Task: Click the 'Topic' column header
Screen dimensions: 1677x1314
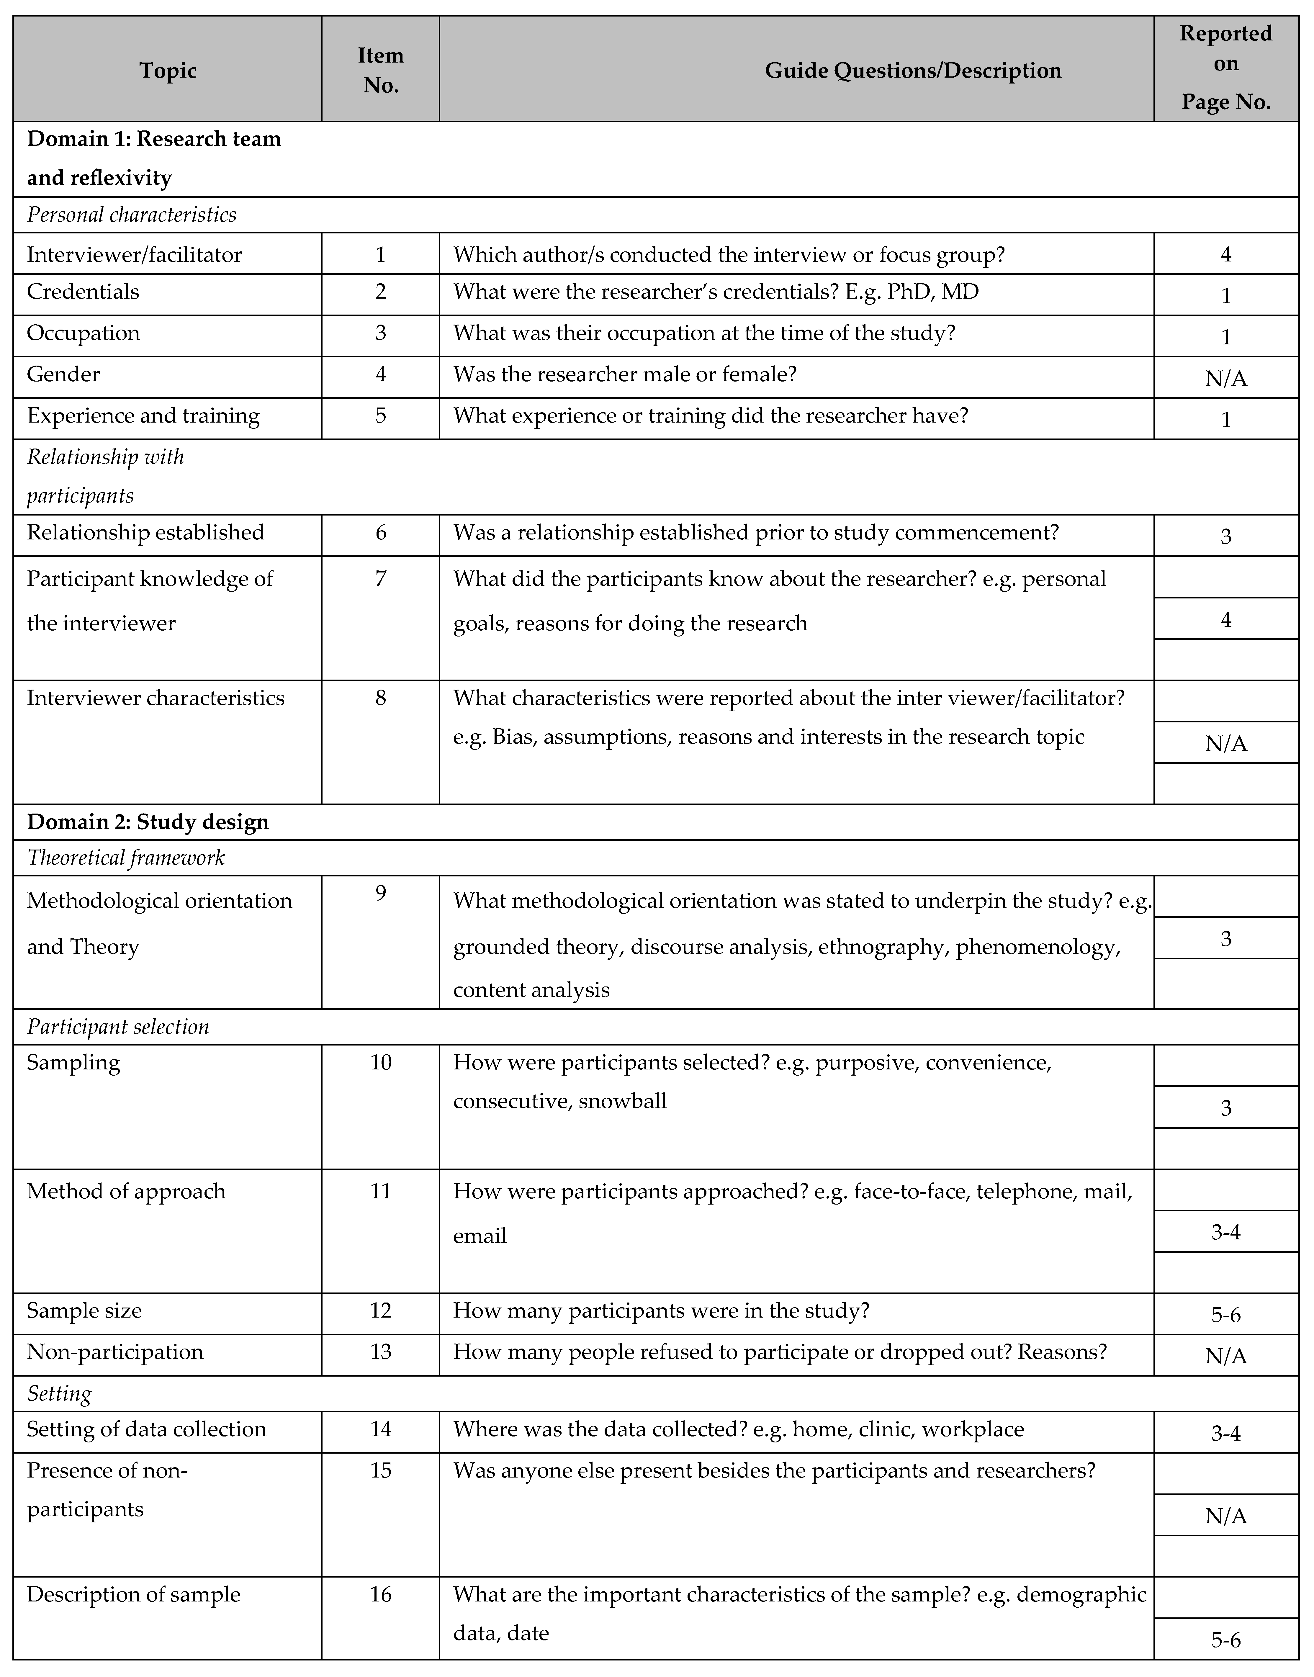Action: [x=168, y=71]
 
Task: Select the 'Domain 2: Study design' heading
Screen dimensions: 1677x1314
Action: [x=148, y=822]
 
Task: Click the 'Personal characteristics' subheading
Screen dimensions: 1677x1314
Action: [x=132, y=215]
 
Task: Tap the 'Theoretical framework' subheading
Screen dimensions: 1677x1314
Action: [x=126, y=858]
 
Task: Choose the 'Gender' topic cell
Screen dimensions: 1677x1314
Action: [x=63, y=375]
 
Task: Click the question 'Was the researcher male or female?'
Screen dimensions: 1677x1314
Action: [x=625, y=375]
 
